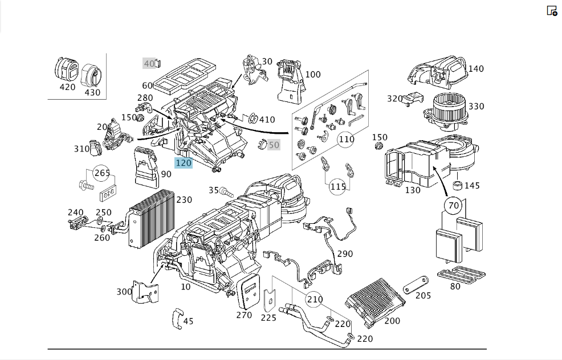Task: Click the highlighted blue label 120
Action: tap(184, 163)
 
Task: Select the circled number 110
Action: tap(346, 139)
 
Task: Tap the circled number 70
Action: tap(453, 206)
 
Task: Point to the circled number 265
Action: tap(102, 173)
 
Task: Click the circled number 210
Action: tap(314, 299)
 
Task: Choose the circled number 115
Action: tap(337, 187)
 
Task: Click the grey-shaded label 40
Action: tap(149, 63)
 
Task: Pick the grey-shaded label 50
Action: tap(274, 145)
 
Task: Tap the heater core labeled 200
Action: tap(374, 301)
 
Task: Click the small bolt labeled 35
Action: tap(226, 191)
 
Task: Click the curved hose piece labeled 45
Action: tap(178, 318)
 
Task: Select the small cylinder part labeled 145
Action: tap(457, 186)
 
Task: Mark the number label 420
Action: tap(67, 87)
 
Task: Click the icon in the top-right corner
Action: tap(552, 11)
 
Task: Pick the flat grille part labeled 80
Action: tap(461, 275)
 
